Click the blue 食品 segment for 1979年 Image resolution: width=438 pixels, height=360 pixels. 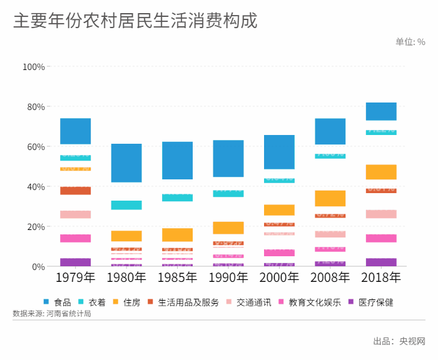point(76,131)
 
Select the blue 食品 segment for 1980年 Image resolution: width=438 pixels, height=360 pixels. point(126,163)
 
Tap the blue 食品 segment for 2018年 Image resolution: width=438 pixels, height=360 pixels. point(381,111)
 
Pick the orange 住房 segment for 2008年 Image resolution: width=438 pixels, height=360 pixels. point(330,198)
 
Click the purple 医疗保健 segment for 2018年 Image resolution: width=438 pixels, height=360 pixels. point(381,262)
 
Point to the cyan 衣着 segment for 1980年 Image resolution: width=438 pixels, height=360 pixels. point(126,205)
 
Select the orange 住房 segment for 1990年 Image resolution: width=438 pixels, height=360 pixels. point(228,228)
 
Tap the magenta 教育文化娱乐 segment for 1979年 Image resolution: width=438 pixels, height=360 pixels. point(76,238)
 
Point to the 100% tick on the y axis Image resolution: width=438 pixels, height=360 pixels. point(33,67)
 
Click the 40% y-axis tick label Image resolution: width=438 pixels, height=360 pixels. point(35,187)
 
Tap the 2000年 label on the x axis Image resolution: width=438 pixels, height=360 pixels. point(279,277)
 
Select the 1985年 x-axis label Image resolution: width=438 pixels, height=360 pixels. point(177,277)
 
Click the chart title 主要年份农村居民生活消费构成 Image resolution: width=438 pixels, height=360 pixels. point(135,21)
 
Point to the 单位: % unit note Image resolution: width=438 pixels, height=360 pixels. point(410,42)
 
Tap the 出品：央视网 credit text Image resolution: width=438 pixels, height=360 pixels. point(399,341)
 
